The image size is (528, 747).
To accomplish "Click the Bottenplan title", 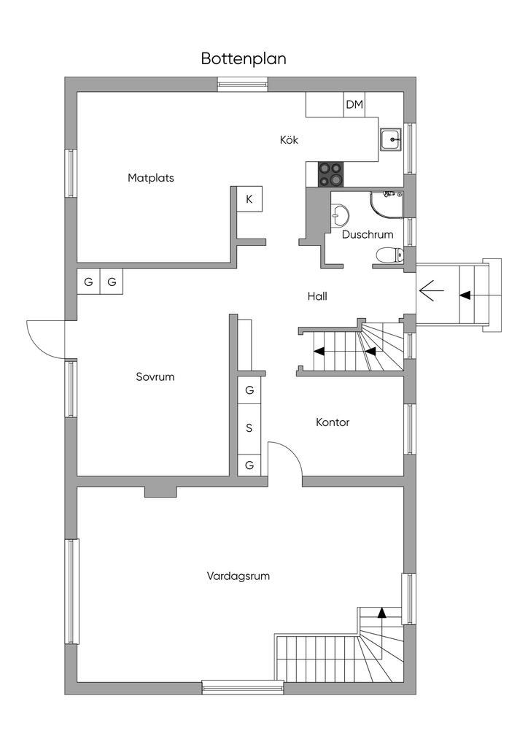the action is point(244,58).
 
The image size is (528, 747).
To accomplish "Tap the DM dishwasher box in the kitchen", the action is point(354,104).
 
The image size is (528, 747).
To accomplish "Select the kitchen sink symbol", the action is point(391,139).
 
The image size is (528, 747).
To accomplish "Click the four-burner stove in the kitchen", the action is point(331,174).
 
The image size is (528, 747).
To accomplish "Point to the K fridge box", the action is point(249,199).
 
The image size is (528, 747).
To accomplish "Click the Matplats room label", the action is point(150,178).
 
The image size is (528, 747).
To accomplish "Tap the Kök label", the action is point(289,140).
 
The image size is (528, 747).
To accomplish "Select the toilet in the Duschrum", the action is point(389,255).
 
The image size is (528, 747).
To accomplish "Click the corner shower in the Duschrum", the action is point(387,206).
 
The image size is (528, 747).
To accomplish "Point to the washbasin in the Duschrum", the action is point(340,215).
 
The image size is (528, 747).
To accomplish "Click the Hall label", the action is point(317,296).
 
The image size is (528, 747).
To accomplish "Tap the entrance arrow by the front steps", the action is point(431,290).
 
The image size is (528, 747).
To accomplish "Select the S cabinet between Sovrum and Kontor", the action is point(249,428).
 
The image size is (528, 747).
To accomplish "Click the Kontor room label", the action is point(333,422).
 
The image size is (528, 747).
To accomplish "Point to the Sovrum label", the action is point(155,377).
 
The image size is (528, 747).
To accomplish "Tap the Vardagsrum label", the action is point(238,576).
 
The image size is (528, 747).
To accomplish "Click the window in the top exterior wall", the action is point(243,85).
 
